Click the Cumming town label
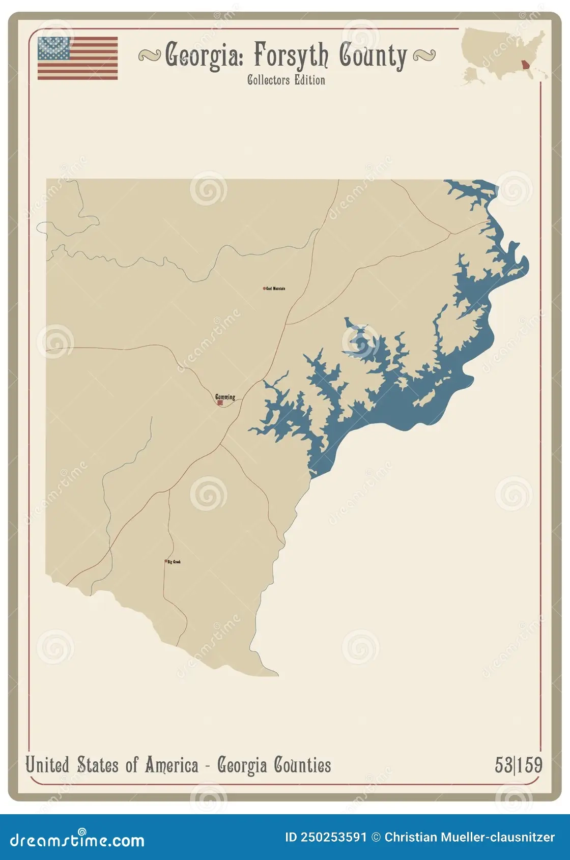point(225,396)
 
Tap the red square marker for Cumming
point(220,403)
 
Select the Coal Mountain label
point(276,289)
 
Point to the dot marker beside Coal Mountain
point(264,289)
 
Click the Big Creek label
point(174,562)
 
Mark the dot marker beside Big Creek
point(166,561)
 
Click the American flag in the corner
point(77,58)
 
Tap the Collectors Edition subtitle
point(286,80)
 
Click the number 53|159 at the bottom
point(519,765)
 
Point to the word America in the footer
point(172,765)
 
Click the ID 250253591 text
point(326,837)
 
